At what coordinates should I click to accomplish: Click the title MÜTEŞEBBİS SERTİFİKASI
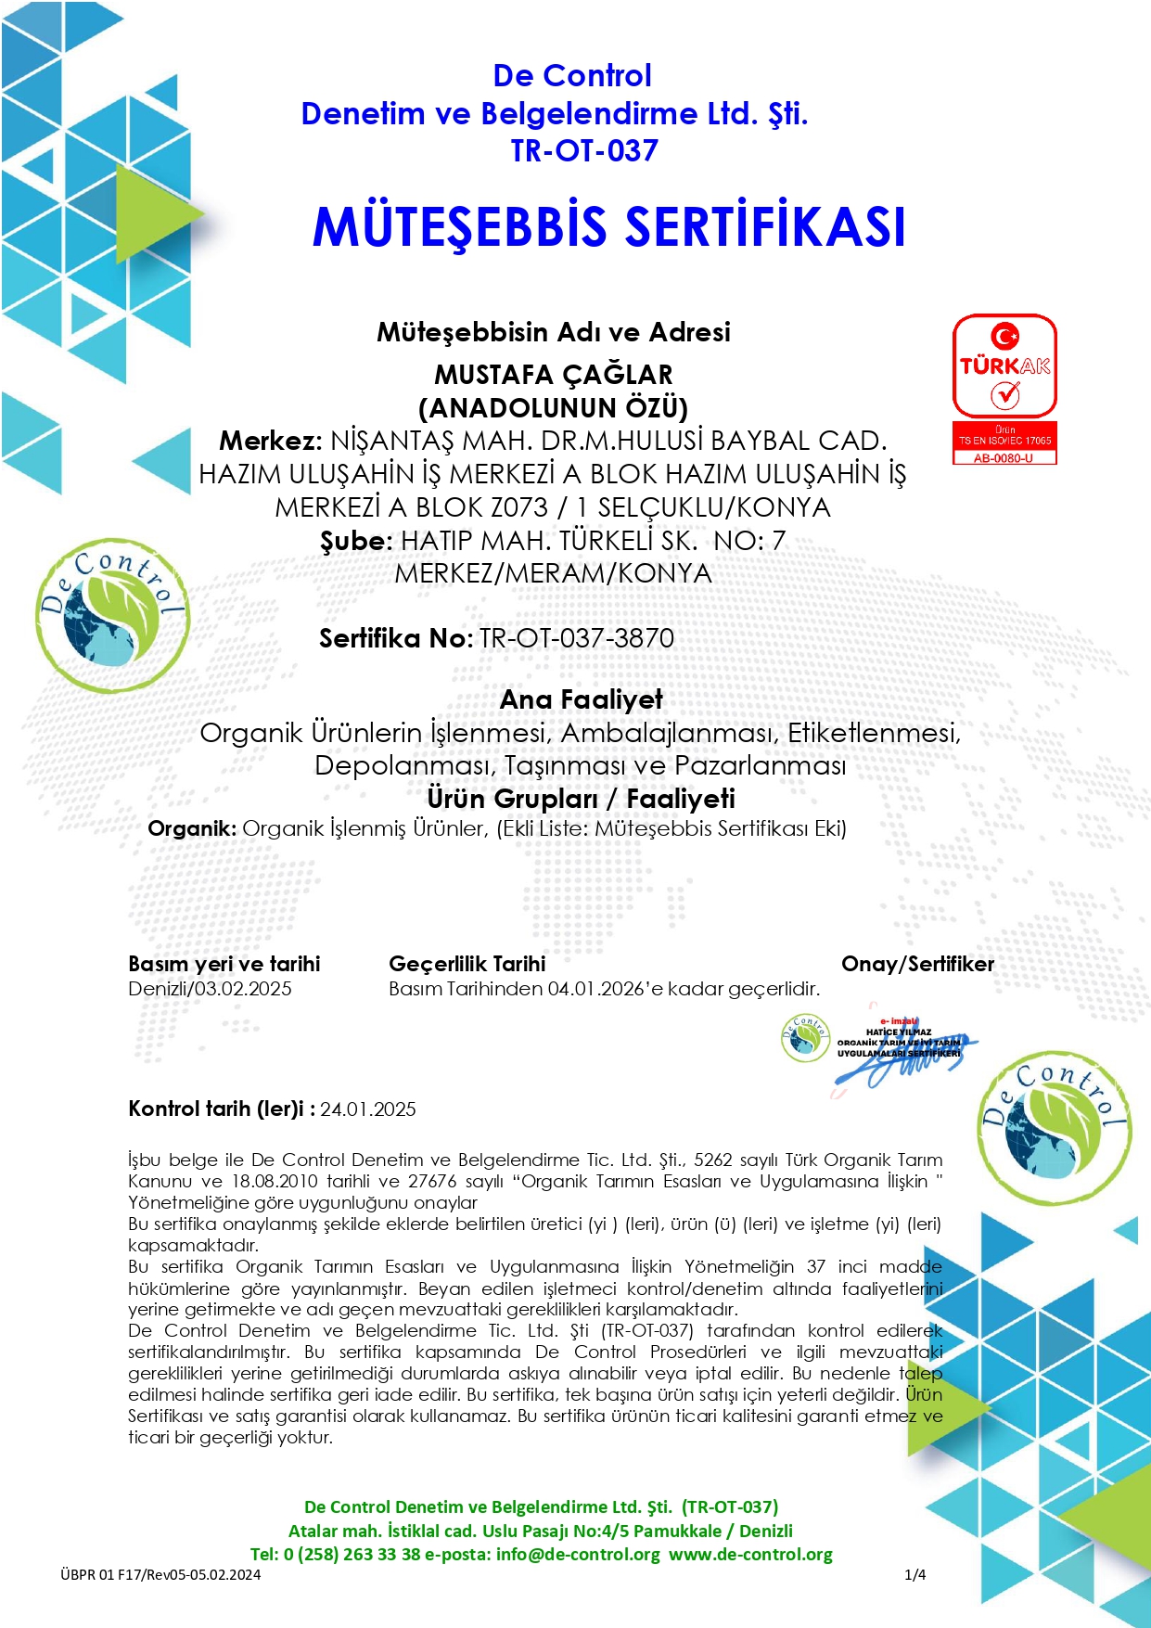click(608, 227)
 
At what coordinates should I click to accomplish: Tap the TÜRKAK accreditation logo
click(1004, 366)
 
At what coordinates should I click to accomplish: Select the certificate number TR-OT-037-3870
click(576, 638)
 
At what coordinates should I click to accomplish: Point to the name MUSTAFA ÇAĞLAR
click(554, 375)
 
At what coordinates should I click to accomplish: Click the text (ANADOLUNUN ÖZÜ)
click(554, 408)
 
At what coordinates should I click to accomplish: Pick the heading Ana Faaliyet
click(582, 699)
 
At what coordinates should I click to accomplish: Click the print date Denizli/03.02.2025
click(210, 989)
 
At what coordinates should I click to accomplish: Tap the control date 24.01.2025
click(368, 1109)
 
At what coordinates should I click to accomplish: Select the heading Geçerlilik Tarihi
click(467, 964)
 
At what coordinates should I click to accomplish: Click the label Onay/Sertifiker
click(917, 964)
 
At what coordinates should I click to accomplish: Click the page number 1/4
click(914, 1574)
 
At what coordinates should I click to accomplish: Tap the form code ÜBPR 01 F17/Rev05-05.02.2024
click(160, 1574)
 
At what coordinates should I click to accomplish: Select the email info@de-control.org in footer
click(578, 1554)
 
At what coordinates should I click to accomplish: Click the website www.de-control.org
click(750, 1554)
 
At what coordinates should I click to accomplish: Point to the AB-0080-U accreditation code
click(1004, 458)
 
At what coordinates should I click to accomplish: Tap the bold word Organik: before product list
click(192, 828)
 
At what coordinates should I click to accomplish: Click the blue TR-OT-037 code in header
click(584, 150)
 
